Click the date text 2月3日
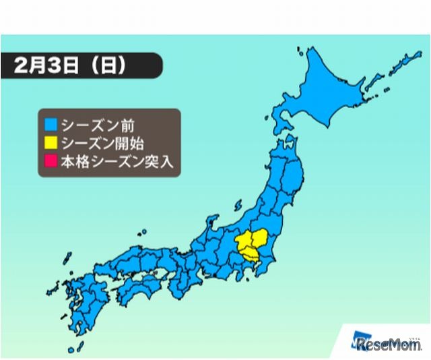coord(48,67)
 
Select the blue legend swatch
coord(51,125)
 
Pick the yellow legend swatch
coord(51,143)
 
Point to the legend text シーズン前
coord(88,125)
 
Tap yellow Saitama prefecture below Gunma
coord(251,255)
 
